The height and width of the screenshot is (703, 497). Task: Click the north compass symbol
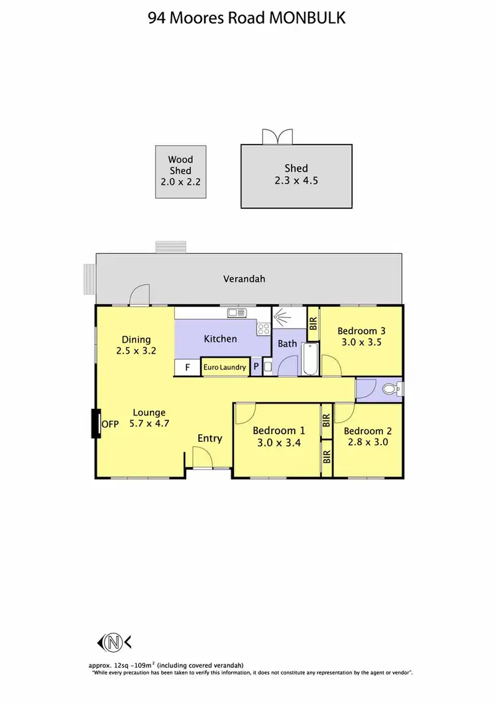tap(114, 641)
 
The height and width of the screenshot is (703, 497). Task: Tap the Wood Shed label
tap(180, 165)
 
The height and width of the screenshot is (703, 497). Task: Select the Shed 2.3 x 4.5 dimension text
tap(296, 180)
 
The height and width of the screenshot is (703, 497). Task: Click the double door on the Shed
tap(277, 136)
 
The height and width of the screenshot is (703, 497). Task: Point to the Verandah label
tap(244, 279)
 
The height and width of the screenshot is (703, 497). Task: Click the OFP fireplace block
tap(95, 424)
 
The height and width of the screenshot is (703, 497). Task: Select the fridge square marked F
tap(188, 367)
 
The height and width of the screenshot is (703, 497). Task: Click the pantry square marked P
tap(256, 367)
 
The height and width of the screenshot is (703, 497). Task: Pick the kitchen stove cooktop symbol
tap(264, 328)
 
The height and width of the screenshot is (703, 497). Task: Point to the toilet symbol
tap(392, 389)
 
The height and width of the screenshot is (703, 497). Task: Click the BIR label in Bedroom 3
tap(313, 321)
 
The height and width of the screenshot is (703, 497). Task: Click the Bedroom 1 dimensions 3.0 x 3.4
tap(279, 443)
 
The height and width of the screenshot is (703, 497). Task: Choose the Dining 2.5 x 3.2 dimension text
tap(136, 351)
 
